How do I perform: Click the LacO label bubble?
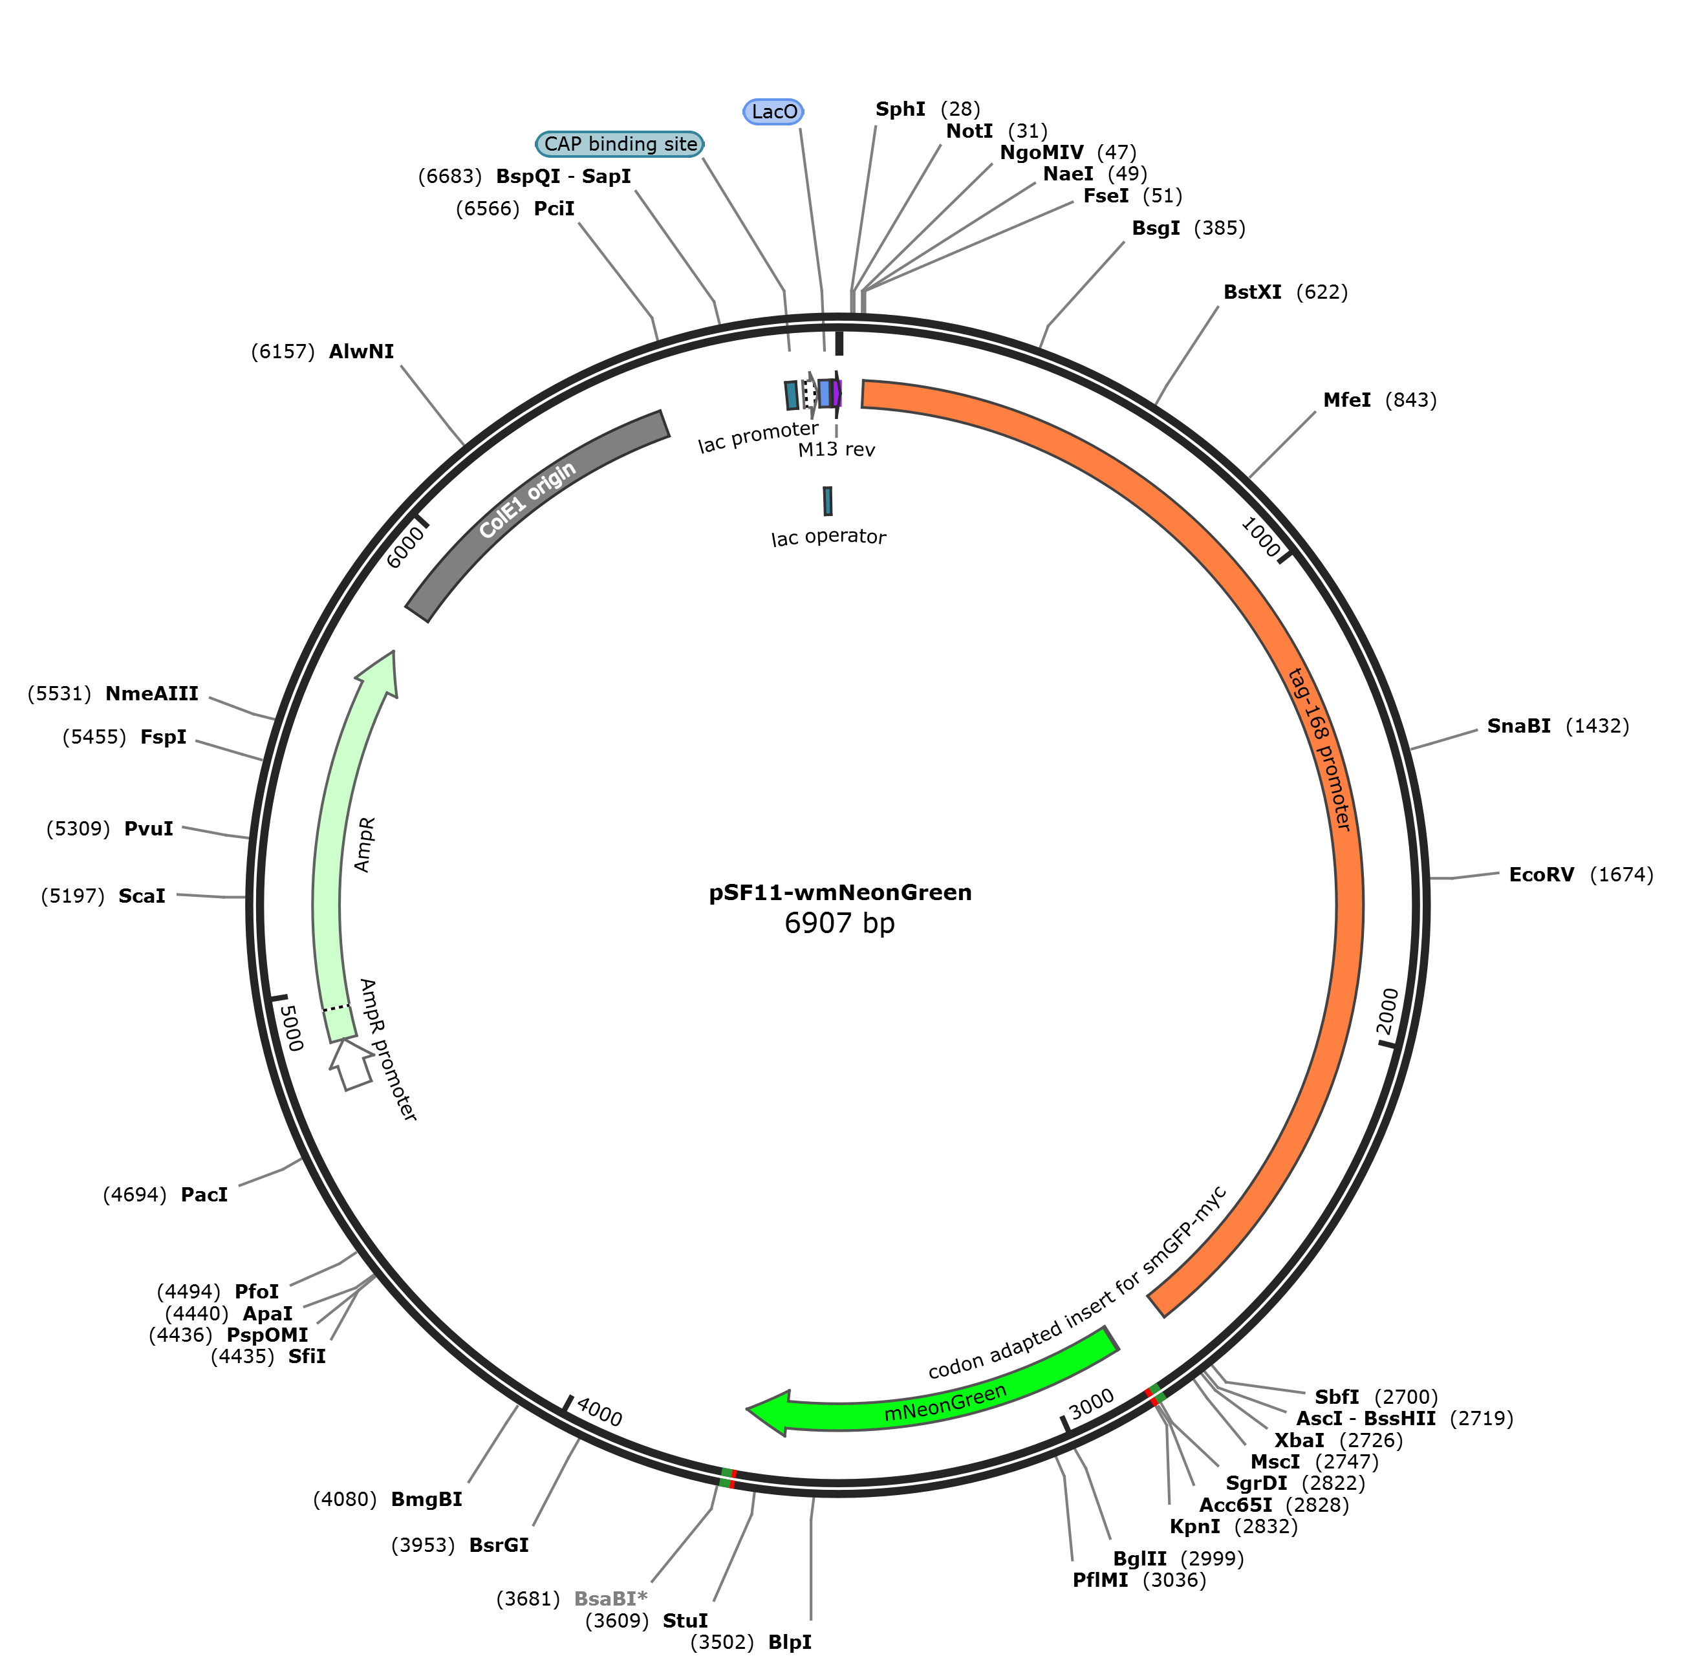tap(773, 112)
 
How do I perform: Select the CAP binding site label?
tap(620, 144)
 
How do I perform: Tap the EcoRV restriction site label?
tap(1541, 874)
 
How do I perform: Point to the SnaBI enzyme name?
tap(1518, 726)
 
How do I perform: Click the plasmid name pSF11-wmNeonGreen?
tap(839, 892)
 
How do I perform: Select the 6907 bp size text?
tap(839, 923)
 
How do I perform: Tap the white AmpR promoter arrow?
tap(351, 1064)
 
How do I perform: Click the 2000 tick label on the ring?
tap(1388, 1011)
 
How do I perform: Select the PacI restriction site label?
tap(204, 1195)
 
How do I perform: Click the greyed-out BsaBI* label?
tap(610, 1598)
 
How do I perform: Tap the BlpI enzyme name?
tap(790, 1642)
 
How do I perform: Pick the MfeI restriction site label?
tap(1346, 400)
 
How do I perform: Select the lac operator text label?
tap(828, 537)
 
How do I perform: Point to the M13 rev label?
tap(836, 450)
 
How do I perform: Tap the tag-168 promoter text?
tap(1320, 749)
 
